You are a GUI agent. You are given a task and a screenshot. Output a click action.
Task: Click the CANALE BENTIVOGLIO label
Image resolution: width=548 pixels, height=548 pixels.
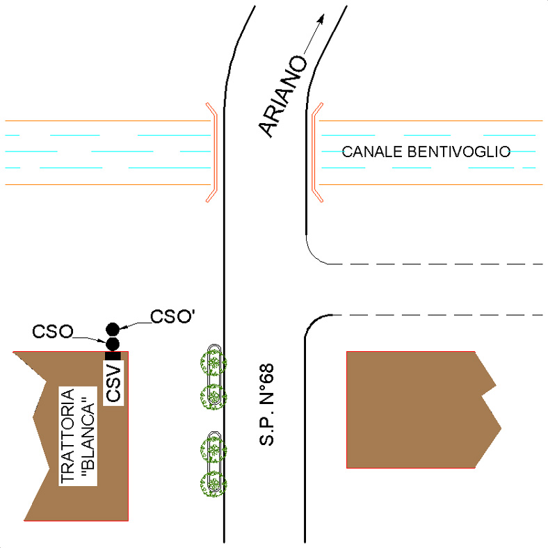pos(426,152)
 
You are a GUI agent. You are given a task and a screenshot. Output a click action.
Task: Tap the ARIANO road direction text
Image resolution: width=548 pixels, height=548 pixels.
pos(283,96)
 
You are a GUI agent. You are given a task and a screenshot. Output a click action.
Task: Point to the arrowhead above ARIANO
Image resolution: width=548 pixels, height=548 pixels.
pos(321,19)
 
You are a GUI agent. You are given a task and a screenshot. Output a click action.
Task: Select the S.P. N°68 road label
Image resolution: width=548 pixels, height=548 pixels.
pos(266,405)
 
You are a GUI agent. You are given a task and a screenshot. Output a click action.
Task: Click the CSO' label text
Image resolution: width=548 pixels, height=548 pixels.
pos(172,316)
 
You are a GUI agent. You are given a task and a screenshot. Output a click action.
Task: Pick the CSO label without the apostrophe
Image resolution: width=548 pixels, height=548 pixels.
pos(53,331)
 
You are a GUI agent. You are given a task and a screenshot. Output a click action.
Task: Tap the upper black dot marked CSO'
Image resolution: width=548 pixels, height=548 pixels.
pos(113,329)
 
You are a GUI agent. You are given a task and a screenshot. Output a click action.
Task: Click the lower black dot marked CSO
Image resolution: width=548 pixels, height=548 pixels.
pos(113,344)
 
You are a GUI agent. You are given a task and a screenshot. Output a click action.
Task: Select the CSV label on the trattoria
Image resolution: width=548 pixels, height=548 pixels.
pos(113,383)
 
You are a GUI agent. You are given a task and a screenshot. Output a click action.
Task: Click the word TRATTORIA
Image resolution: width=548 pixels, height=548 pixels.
pos(67,436)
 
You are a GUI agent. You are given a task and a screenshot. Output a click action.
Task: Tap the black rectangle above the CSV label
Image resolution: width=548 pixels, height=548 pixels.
pos(113,356)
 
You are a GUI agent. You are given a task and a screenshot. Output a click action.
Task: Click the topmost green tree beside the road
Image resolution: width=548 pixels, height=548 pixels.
pos(213,364)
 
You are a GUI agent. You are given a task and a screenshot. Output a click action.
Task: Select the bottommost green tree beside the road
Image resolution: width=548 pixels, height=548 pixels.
pos(213,484)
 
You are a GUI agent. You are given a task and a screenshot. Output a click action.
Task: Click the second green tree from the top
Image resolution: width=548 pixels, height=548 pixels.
pos(213,396)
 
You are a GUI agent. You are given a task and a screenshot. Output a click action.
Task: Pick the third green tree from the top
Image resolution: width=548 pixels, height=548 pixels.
pos(213,450)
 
